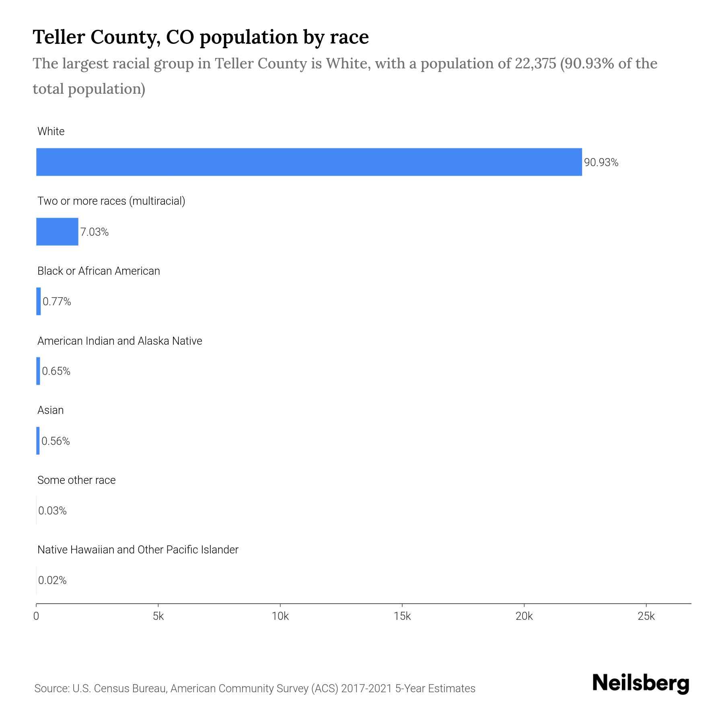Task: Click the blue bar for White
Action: coord(309,162)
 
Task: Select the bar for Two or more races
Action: coord(57,232)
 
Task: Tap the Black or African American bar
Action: coord(39,301)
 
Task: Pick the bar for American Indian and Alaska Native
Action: coord(38,371)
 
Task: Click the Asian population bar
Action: coord(38,441)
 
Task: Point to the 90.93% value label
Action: coord(601,162)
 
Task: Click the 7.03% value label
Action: coord(95,232)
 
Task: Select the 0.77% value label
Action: coord(57,302)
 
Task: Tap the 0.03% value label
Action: coord(52,511)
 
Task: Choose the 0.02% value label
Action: coord(52,580)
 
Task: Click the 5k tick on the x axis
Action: coord(158,617)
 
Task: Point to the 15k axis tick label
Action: coord(402,617)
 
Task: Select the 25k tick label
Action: coord(646,617)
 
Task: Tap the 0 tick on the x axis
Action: coord(36,617)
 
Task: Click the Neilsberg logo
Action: coord(641,683)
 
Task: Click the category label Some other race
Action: coord(76,480)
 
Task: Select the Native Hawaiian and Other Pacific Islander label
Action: coord(138,550)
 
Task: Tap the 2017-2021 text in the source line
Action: coord(366,689)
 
